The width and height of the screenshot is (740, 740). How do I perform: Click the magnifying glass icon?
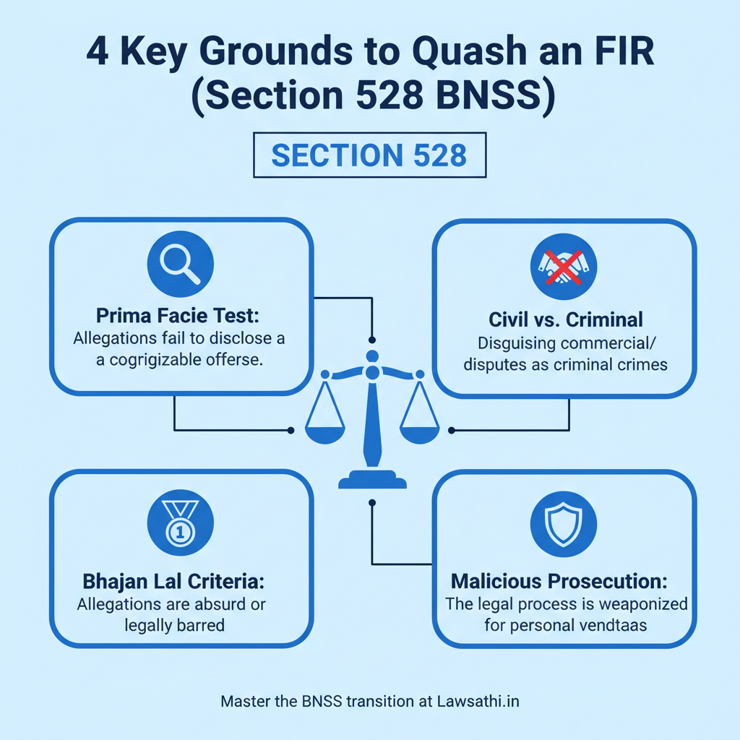click(x=180, y=261)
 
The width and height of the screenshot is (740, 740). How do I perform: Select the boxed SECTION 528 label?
click(x=369, y=155)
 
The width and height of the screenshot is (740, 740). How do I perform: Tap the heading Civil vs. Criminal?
click(x=564, y=320)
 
